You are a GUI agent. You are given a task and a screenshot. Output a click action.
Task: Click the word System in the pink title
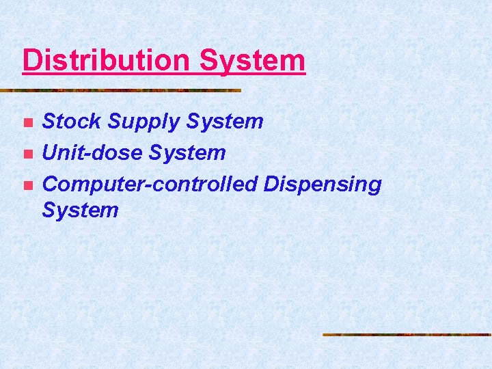coord(252,60)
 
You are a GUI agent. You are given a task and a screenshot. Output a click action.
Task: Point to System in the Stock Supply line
coord(224,122)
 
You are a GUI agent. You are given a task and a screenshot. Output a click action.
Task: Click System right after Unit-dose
coord(186,153)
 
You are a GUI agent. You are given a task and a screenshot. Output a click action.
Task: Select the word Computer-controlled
coord(150,184)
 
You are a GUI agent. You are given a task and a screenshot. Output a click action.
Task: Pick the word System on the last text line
coord(80,210)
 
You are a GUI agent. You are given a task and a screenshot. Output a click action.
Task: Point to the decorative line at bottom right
coord(407,335)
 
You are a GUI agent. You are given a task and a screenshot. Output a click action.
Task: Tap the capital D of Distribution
coord(31,60)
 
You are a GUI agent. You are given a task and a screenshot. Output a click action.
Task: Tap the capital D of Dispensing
coord(271,184)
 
